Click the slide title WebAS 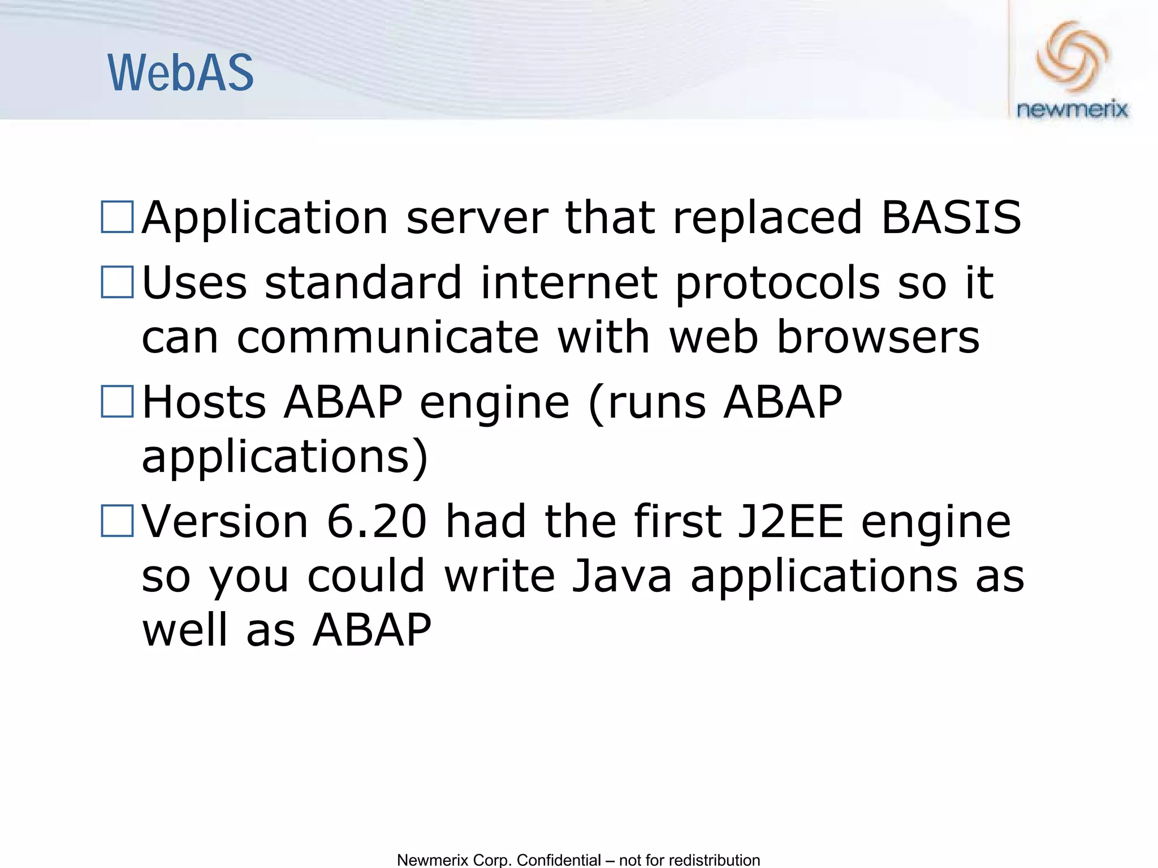click(x=180, y=73)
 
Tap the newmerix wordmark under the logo click(x=1072, y=109)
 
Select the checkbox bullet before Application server click(x=117, y=217)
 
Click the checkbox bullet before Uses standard click(x=117, y=282)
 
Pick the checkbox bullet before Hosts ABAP click(x=117, y=402)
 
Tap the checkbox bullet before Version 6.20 click(x=117, y=521)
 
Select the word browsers click(x=878, y=337)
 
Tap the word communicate click(x=388, y=337)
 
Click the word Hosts click(x=204, y=402)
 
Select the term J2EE click(x=791, y=522)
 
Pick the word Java click(x=621, y=576)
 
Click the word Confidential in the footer click(x=559, y=860)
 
